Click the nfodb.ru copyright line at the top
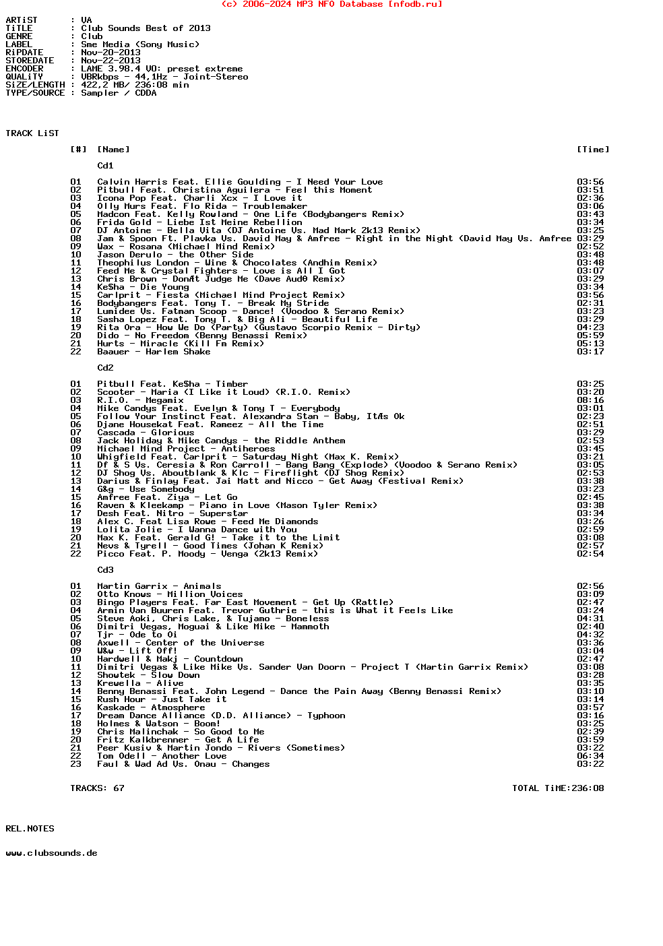click(331, 4)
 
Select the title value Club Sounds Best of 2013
click(146, 28)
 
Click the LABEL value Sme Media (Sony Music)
click(140, 44)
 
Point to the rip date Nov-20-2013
click(110, 53)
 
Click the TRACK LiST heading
click(32, 133)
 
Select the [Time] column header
click(593, 150)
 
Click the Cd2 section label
click(105, 368)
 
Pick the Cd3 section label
click(105, 570)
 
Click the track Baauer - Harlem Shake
click(154, 352)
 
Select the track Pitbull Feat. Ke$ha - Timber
click(172, 384)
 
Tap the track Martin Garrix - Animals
click(159, 586)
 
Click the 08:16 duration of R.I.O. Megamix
click(590, 400)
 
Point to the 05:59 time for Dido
click(590, 336)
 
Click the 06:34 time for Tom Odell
click(590, 756)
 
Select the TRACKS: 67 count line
click(97, 788)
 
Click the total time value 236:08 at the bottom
click(588, 788)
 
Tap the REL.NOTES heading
click(30, 829)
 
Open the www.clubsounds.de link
click(51, 853)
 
